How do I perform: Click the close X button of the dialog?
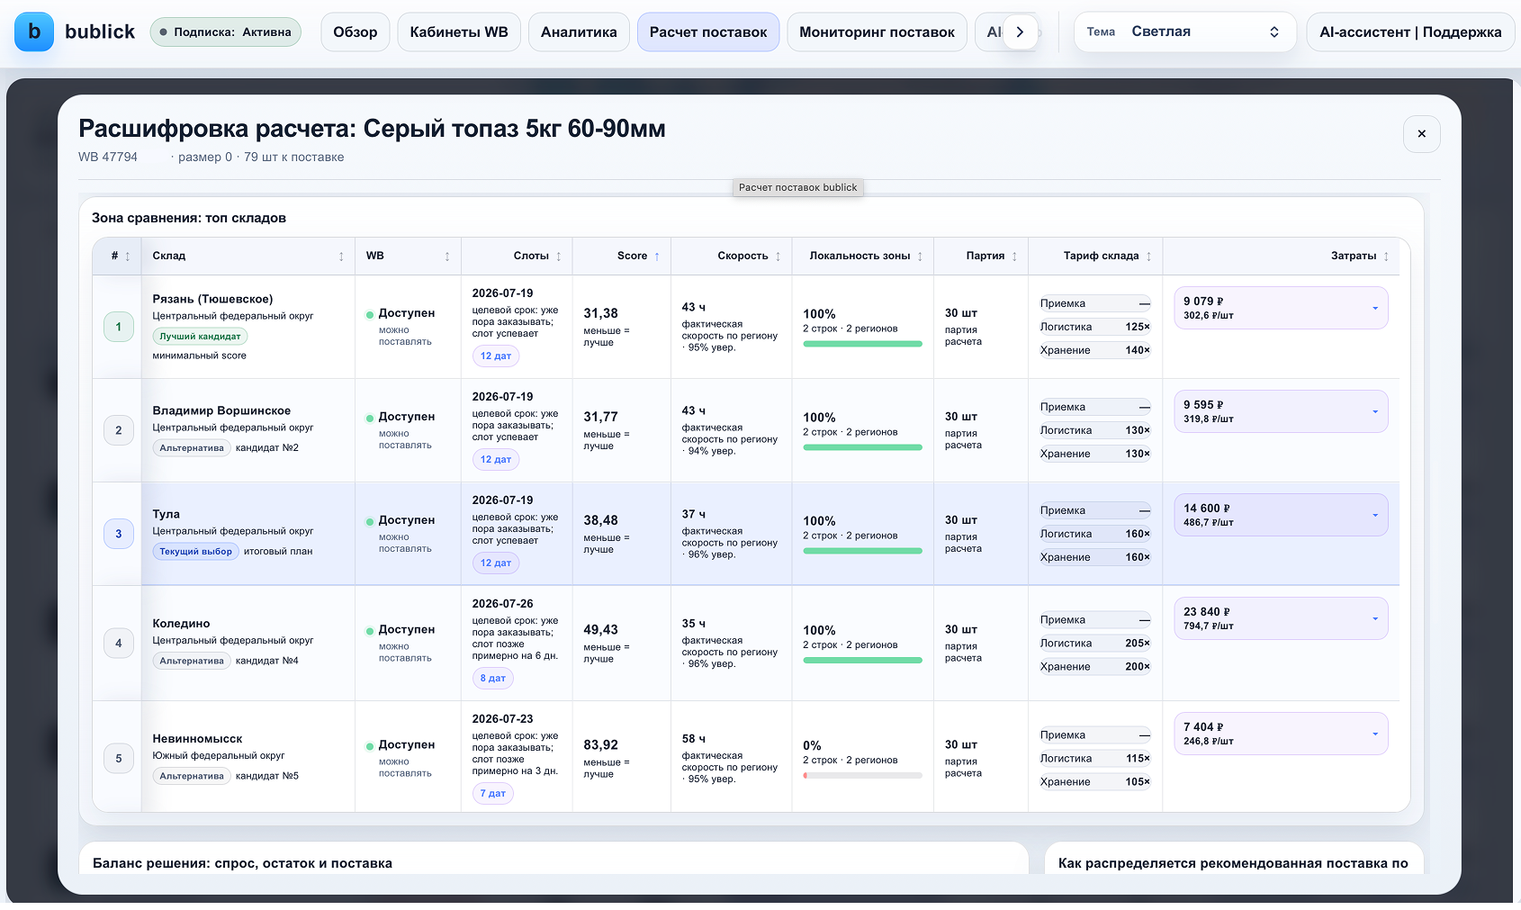[1421, 134]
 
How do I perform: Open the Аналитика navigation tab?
[579, 32]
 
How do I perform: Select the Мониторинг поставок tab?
[877, 32]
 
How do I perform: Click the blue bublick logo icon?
[34, 32]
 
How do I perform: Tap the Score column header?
[632, 256]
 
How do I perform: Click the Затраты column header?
[1354, 256]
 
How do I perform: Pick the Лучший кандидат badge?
[200, 336]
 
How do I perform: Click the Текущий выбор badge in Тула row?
[195, 552]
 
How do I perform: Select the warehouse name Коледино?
[181, 624]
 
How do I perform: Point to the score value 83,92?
[601, 745]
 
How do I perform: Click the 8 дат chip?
[493, 679]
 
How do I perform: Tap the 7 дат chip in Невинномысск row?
[493, 793]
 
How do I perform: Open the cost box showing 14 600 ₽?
[1281, 515]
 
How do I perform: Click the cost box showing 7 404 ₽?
[1281, 734]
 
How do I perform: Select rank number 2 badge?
[118, 430]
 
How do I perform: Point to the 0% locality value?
[812, 745]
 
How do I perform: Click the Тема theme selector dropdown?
[1185, 32]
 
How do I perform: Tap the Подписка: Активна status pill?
[225, 32]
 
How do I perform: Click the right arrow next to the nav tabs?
[1020, 32]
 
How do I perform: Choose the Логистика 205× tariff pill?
[1094, 643]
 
